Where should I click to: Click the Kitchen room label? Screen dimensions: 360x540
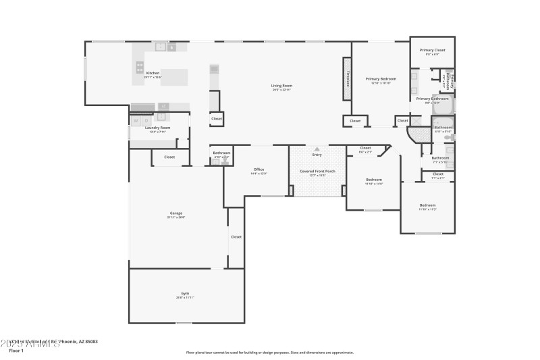coord(153,73)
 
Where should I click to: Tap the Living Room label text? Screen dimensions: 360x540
coord(282,86)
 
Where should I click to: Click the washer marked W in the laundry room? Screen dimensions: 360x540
coord(136,120)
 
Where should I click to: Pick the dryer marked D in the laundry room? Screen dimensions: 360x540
coord(146,120)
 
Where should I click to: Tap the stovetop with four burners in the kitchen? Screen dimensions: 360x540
coord(140,67)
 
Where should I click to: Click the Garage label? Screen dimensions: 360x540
coord(175,213)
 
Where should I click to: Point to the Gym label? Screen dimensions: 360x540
coord(185,294)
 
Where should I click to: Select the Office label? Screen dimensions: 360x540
coord(259,170)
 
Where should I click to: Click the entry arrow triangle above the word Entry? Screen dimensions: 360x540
coord(317,148)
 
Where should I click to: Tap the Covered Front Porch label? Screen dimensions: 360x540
coord(317,172)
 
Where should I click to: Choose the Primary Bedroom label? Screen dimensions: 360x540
coord(381,79)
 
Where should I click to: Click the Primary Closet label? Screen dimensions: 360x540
coord(432,50)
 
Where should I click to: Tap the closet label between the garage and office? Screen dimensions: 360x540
coord(236,237)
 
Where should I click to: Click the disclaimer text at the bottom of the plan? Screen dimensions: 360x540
coord(270,352)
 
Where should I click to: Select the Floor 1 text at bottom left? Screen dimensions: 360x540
coord(16,351)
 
